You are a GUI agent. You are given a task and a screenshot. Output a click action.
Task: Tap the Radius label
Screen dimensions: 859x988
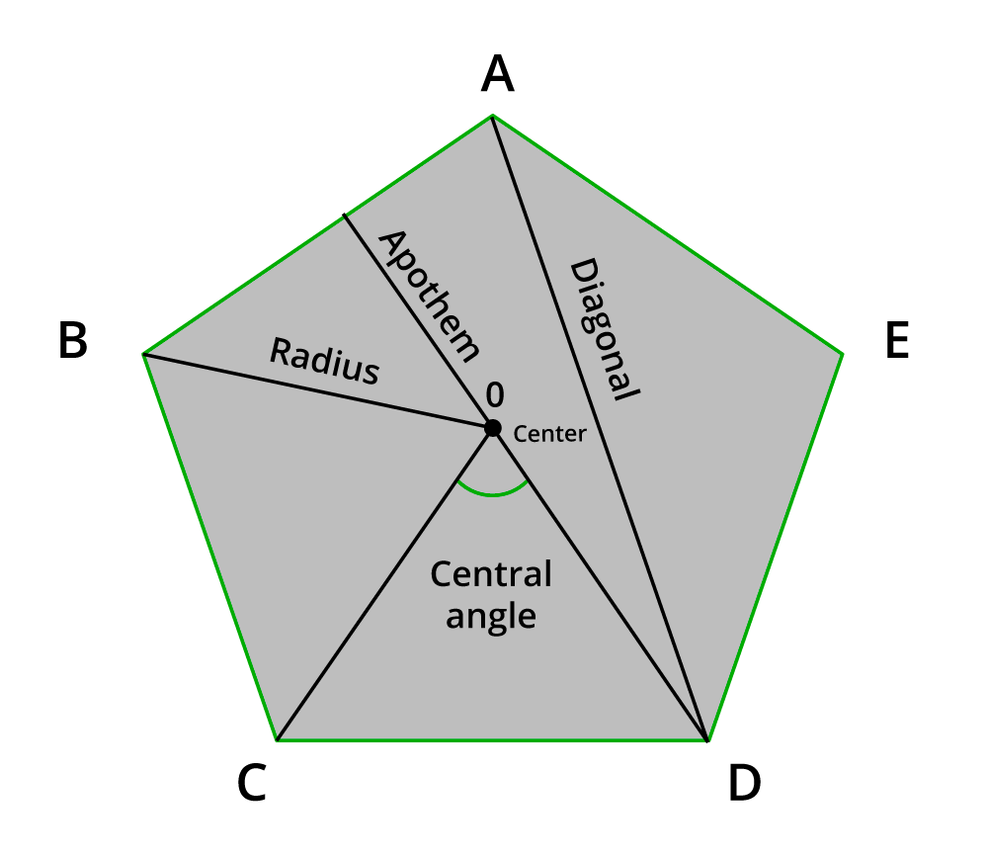pos(324,362)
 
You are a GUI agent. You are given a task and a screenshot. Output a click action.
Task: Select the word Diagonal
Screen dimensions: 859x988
pos(604,329)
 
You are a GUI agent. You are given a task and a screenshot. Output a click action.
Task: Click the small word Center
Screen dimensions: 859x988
pos(550,433)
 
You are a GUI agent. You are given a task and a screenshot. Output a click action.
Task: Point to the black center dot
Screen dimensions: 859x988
pos(492,428)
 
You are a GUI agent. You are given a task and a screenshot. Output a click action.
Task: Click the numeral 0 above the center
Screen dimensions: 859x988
pos(495,395)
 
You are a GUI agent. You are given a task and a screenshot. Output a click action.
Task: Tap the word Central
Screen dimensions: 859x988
pos(491,574)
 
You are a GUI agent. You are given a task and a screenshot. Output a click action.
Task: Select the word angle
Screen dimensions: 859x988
pos(491,616)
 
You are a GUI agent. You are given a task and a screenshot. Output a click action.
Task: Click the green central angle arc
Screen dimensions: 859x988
pos(492,492)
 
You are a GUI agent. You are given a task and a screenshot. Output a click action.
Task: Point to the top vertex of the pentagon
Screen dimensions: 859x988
pos(492,116)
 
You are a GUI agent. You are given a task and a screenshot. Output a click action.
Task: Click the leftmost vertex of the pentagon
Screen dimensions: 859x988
pos(144,354)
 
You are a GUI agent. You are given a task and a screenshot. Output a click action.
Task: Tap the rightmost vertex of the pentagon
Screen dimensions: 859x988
pos(842,353)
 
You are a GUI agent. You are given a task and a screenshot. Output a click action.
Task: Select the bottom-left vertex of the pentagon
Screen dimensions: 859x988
pos(278,739)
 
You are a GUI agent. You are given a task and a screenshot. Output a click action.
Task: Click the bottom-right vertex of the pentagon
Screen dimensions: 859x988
pos(707,739)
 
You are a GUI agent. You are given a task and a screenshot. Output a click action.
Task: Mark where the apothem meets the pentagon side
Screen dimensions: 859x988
pos(345,216)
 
